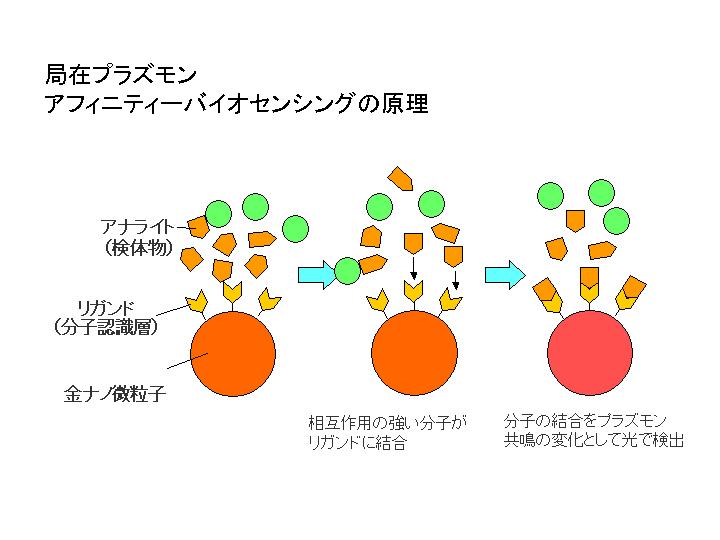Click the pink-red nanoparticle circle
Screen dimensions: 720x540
pos(590,353)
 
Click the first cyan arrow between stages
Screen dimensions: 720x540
pos(317,275)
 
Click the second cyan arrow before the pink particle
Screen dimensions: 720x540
pos(505,275)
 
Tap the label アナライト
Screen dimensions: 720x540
pos(137,226)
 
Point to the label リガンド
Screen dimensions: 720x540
pos(106,307)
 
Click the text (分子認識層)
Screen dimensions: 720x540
pos(106,327)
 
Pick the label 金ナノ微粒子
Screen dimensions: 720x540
pos(114,394)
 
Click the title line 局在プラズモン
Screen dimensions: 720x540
pos(121,74)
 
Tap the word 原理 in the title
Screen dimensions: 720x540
pos(405,103)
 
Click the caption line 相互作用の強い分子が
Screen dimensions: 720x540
pos(387,422)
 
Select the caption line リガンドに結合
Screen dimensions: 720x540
pos(357,442)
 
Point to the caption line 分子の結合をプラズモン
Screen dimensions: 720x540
pos(585,420)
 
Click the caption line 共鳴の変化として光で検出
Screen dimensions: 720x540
pos(594,440)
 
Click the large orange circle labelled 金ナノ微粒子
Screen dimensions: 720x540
pos(233,354)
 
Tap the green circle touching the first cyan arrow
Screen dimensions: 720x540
pos(348,271)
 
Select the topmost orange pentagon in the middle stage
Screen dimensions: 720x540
pos(400,178)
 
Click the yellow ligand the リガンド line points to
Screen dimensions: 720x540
pos(197,301)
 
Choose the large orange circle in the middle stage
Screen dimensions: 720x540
pos(414,353)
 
